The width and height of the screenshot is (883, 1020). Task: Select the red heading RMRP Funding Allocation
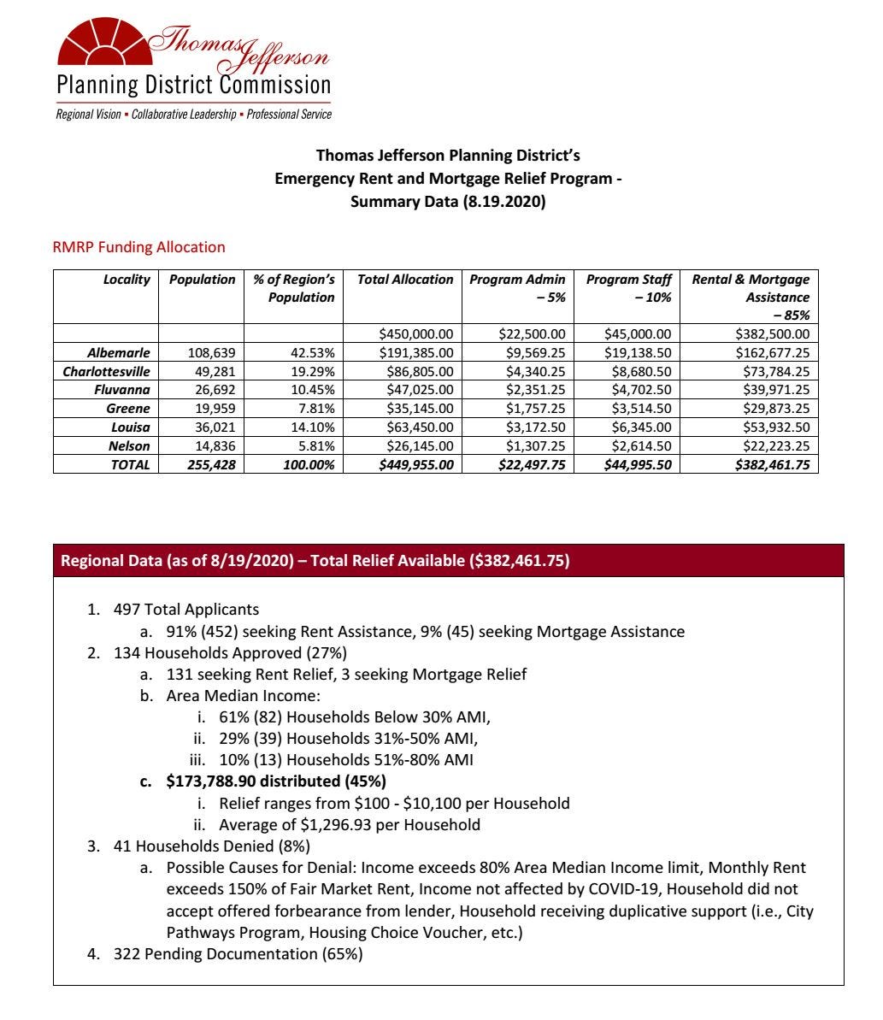139,247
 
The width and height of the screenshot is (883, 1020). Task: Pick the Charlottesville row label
107,371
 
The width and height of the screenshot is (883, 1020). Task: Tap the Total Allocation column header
405,280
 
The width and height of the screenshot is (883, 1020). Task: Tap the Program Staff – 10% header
628,288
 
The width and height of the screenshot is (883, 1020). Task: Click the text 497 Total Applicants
186,610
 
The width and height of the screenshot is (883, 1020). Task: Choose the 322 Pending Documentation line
238,954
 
